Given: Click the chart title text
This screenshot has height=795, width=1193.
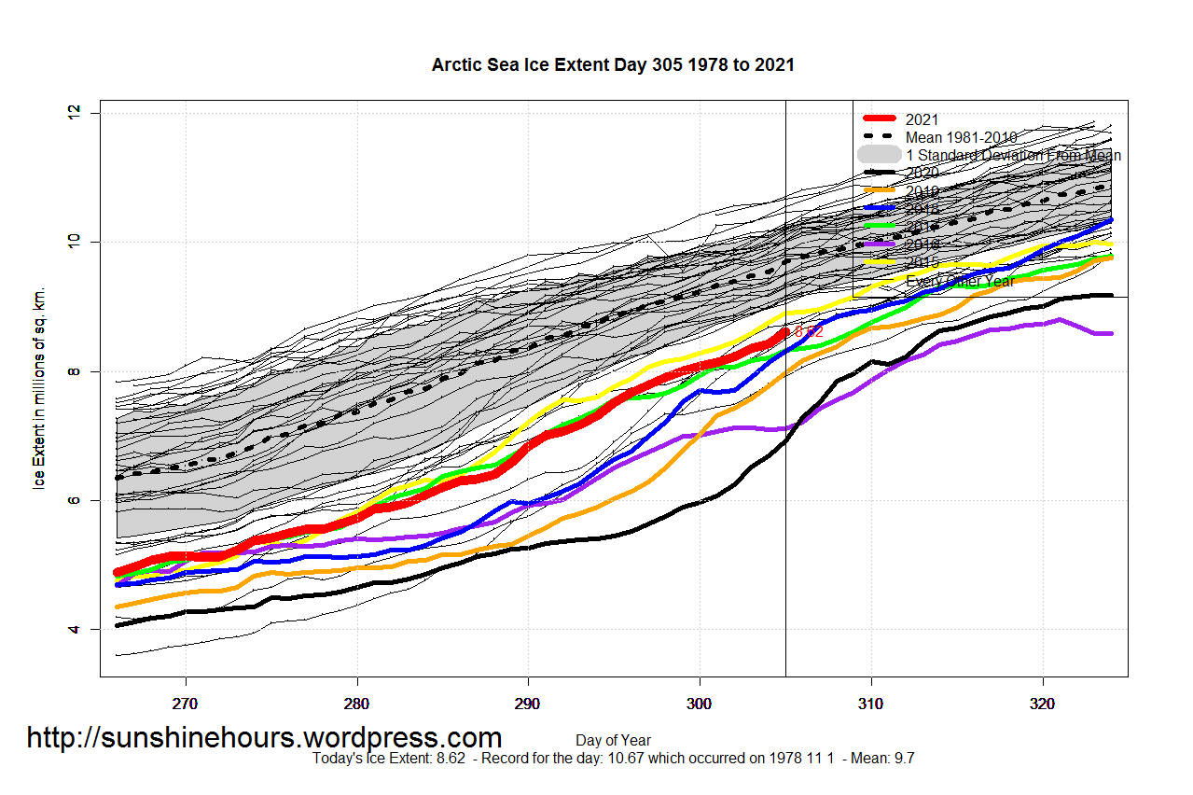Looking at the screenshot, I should pos(613,65).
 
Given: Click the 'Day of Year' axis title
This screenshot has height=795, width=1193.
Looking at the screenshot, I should pos(613,741).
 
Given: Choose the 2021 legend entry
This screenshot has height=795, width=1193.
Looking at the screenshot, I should pos(922,119).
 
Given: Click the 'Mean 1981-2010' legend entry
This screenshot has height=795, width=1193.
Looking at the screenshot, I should pos(961,137).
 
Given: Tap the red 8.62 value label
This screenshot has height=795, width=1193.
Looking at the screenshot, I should pos(808,331).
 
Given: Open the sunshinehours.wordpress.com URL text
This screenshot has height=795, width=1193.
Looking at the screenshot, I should pos(264,738).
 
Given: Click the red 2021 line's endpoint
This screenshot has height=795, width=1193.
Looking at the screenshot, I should pos(784,330).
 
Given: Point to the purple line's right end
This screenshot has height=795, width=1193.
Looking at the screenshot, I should pos(1110,333).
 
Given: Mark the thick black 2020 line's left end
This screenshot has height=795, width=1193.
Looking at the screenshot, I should pos(118,625).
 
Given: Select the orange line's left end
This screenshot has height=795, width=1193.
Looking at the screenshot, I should pos(118,607).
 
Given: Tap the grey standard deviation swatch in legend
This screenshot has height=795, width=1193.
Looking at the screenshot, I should pos(880,155).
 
